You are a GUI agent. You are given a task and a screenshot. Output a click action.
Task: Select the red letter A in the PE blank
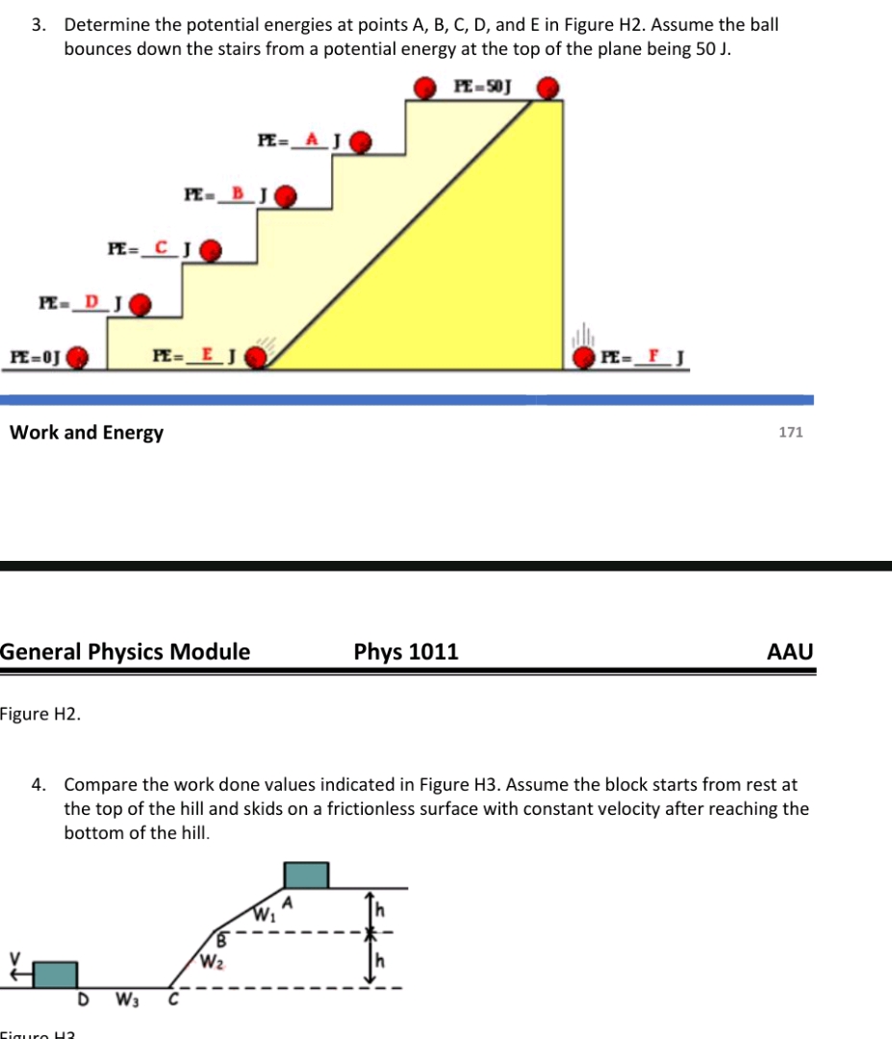click(x=311, y=139)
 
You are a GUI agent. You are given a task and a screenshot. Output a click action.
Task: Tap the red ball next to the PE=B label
click(x=286, y=197)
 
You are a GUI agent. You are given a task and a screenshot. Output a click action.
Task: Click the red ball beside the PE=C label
click(x=211, y=252)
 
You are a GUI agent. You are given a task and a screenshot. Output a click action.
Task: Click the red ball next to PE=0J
click(x=79, y=359)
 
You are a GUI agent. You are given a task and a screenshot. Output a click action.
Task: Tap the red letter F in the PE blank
click(x=654, y=357)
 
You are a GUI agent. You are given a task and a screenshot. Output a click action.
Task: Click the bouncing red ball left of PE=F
click(x=584, y=359)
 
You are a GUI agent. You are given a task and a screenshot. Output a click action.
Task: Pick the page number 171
click(x=790, y=433)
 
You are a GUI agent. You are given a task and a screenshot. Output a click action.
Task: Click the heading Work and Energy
click(x=87, y=433)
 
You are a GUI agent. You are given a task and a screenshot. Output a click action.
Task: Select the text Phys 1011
click(x=406, y=652)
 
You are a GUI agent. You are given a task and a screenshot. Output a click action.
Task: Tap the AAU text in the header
click(x=790, y=652)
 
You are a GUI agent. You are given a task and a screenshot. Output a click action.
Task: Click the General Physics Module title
click(x=125, y=652)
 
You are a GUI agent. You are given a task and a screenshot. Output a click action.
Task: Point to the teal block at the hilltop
click(x=306, y=874)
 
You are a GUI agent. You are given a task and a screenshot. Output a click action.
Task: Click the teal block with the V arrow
click(x=55, y=974)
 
